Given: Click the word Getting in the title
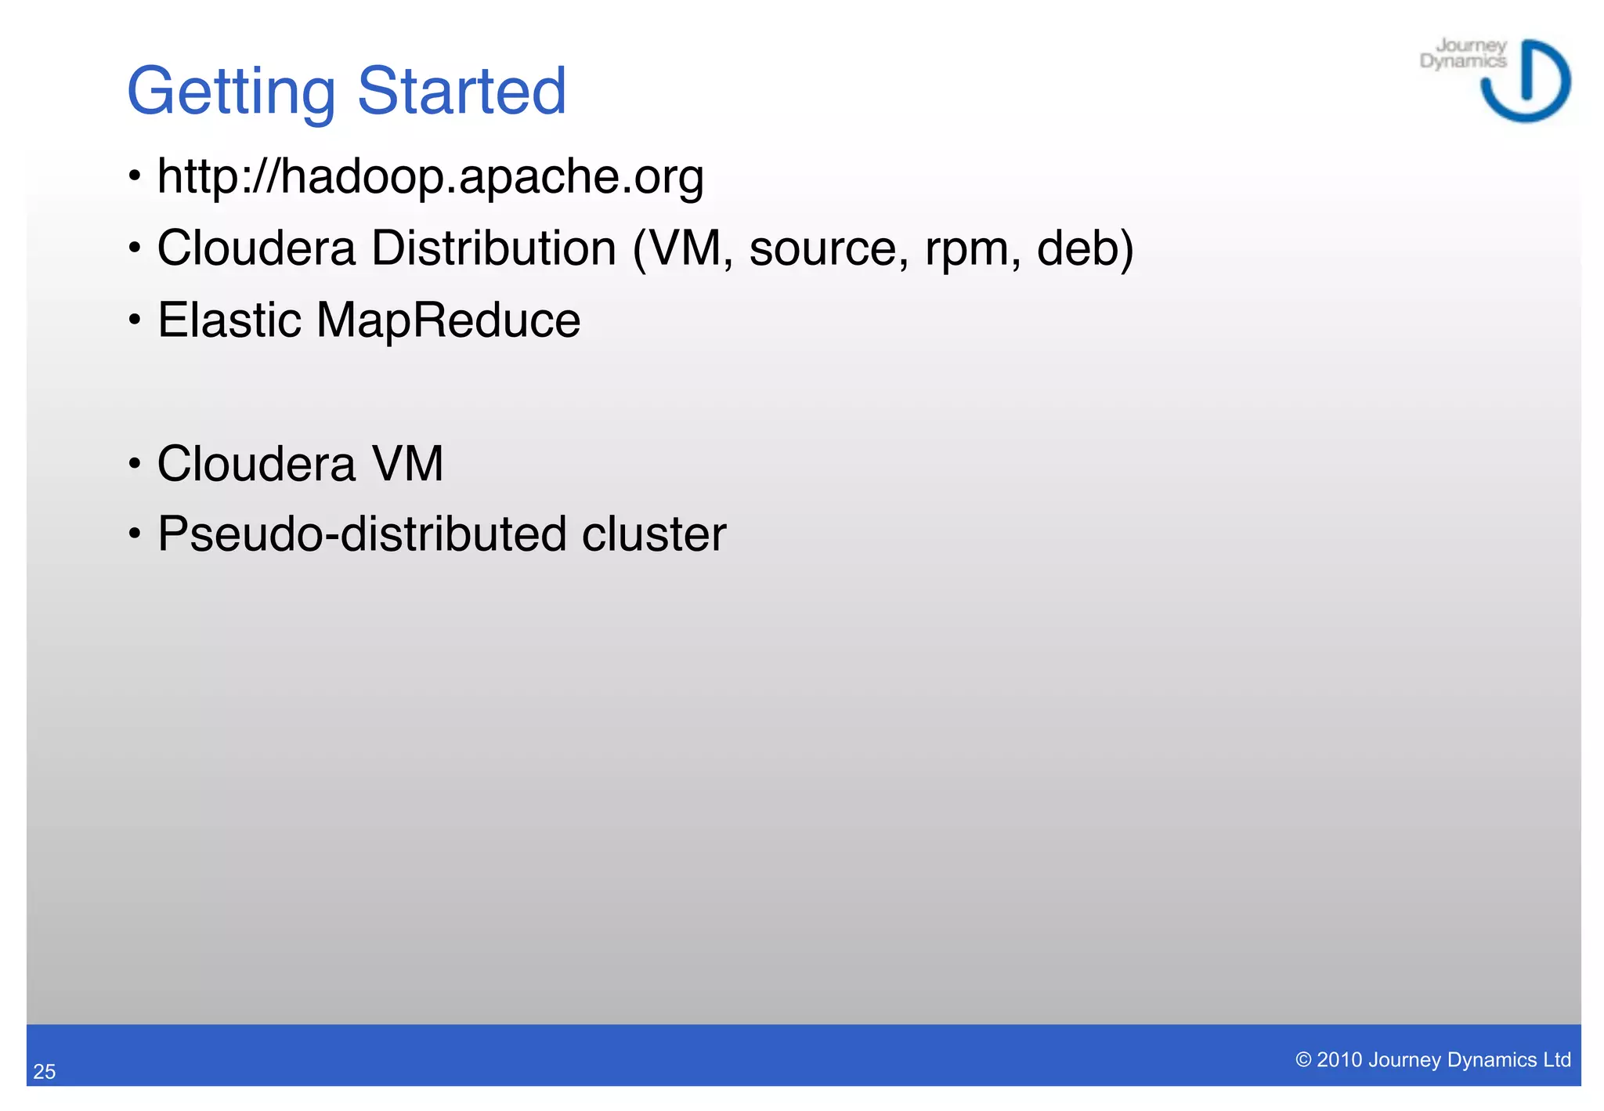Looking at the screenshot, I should pos(231,92).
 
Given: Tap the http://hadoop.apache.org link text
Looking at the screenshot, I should pos(430,176).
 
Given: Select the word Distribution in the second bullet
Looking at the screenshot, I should pos(493,248).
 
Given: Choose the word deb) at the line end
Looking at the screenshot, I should pos(1085,248).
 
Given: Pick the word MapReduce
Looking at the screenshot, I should pos(448,321).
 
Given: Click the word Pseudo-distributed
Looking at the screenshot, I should pos(361,534).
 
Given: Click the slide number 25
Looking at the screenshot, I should pos(45,1072).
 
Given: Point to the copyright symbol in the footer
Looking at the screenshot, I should pos(1303,1060).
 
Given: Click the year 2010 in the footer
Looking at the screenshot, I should pos(1339,1060).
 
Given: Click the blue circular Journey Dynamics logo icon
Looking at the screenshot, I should pos(1526,81).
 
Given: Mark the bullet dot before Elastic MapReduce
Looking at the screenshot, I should pos(135,320).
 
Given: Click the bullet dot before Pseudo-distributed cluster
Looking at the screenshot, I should pos(135,534).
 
